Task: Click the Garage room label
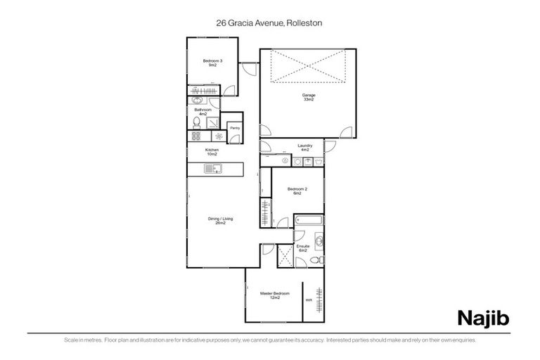308,97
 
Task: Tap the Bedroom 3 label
213,63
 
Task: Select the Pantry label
235,128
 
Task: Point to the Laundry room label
304,148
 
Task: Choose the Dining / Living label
220,221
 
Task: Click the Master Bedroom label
272,295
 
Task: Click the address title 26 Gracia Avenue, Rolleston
269,22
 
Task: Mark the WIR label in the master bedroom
309,301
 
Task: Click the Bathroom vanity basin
196,101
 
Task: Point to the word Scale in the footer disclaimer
70,340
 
